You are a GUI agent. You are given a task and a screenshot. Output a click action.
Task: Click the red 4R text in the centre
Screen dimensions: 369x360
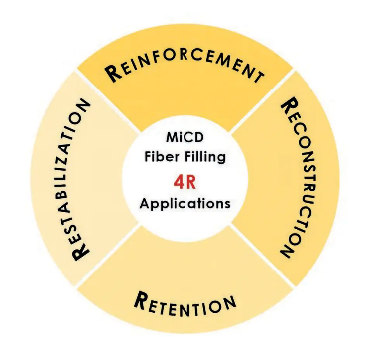tap(185, 183)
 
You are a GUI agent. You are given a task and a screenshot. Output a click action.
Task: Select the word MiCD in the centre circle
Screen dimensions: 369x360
tap(185, 137)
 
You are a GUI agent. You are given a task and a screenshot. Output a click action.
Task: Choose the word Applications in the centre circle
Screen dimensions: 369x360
tap(185, 203)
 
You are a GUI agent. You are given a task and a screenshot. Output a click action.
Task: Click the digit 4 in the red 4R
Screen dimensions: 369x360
tap(179, 183)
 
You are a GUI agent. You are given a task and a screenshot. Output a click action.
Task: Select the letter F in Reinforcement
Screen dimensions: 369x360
tap(155, 59)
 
